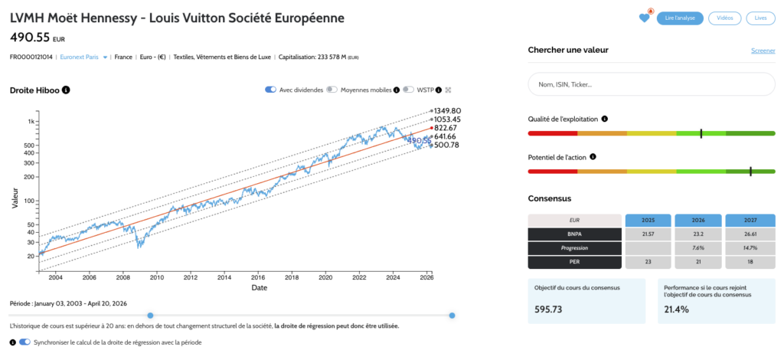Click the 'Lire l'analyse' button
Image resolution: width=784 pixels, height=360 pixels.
[x=680, y=18]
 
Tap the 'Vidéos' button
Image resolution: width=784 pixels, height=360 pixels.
[x=724, y=18]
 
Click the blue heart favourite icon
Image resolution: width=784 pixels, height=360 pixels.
[x=645, y=18]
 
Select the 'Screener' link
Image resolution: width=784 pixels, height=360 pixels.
[x=763, y=51]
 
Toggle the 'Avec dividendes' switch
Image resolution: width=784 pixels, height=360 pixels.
[x=270, y=90]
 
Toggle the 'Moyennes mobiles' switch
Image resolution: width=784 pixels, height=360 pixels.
[x=332, y=90]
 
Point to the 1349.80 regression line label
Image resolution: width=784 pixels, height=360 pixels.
[x=446, y=111]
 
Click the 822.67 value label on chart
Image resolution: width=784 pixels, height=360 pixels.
[x=446, y=128]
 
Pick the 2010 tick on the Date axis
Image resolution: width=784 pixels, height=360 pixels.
[x=157, y=277]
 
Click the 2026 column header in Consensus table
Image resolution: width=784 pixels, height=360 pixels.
[x=697, y=220]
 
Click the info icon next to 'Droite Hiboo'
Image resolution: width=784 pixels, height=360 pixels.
[x=66, y=90]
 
